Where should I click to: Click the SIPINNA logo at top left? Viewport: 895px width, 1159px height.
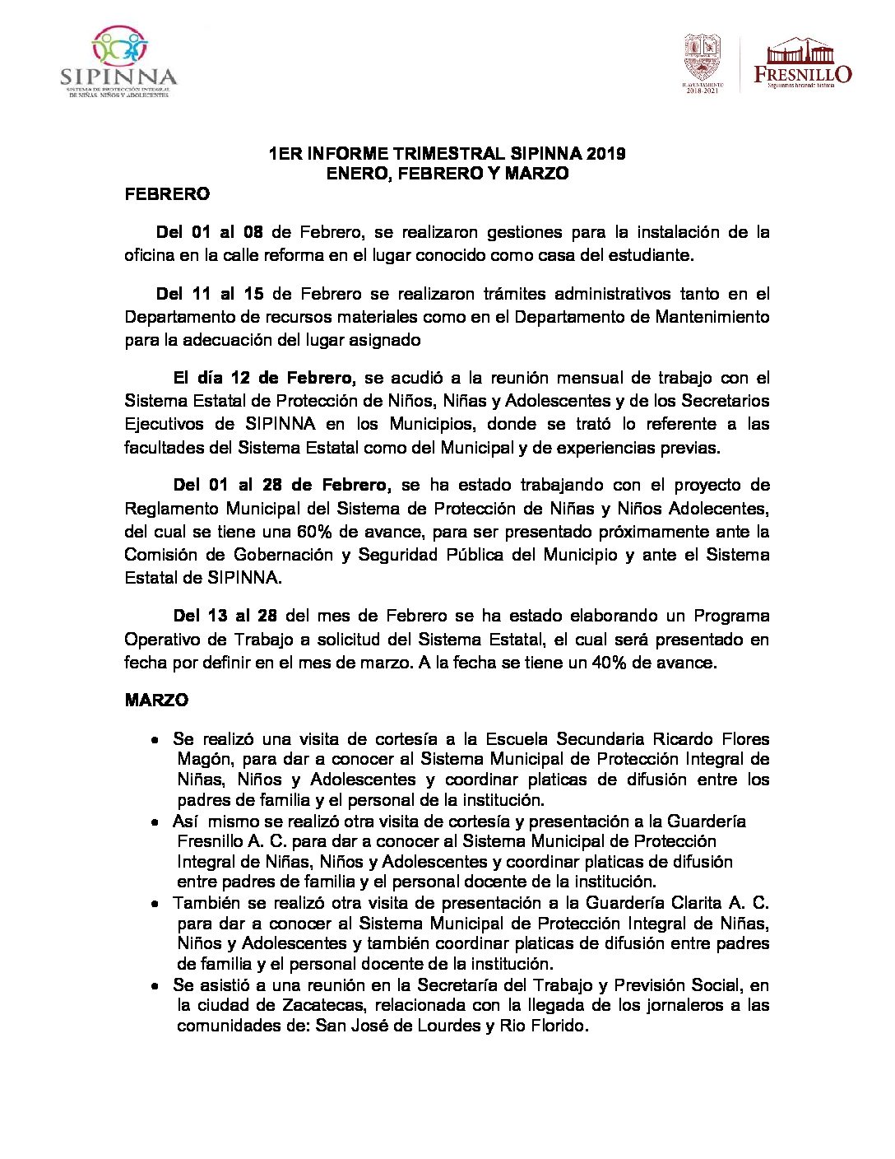[118, 63]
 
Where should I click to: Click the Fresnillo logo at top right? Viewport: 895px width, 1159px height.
[802, 63]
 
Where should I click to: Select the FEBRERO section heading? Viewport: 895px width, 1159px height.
[167, 194]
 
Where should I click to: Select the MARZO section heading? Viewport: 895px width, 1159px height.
[156, 701]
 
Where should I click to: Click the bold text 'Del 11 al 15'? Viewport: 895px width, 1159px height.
[210, 294]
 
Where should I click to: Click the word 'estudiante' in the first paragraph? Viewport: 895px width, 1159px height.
[651, 255]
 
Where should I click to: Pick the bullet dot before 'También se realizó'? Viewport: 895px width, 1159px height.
[155, 904]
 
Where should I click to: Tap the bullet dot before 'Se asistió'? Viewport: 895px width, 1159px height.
[155, 985]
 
